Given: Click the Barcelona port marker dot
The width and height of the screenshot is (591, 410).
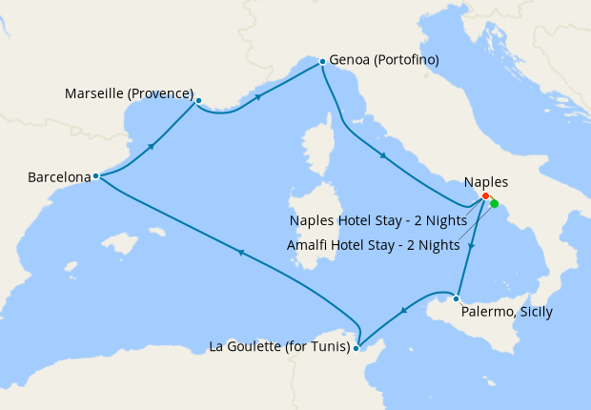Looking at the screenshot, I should [x=96, y=176].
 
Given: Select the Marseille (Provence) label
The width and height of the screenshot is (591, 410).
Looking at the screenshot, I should [x=129, y=94].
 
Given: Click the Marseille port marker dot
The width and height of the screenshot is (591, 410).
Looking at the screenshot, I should [x=198, y=100].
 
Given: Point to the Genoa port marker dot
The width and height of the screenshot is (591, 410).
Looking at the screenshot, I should [x=322, y=61].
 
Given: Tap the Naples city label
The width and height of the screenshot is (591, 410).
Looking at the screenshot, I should [x=486, y=182].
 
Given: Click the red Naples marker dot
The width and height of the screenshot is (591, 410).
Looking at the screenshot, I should [x=485, y=195].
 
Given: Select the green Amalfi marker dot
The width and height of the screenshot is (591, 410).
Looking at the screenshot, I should [x=494, y=203].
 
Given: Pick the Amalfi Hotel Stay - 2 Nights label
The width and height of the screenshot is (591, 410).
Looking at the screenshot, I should [x=373, y=245].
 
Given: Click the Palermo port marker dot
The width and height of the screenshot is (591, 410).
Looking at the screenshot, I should [x=457, y=298].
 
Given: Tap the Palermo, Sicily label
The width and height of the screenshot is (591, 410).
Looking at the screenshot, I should [x=506, y=312].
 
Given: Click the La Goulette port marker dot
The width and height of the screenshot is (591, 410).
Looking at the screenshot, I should [x=356, y=348].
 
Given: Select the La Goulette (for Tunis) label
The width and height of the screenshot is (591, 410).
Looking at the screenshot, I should [x=277, y=347].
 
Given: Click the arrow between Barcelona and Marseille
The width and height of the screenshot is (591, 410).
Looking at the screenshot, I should [x=151, y=147].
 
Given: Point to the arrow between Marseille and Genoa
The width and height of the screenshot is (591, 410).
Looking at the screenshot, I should [x=258, y=96].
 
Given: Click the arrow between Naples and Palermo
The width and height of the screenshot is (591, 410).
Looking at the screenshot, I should [x=472, y=247].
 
